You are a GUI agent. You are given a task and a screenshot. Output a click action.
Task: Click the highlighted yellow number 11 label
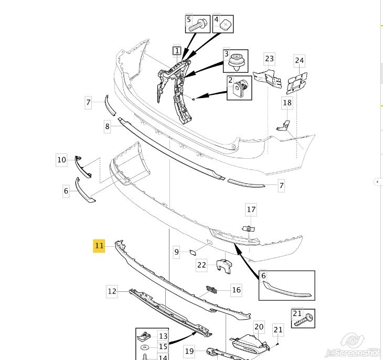click(x=99, y=246)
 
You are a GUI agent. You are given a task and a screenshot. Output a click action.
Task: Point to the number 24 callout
click(x=300, y=60)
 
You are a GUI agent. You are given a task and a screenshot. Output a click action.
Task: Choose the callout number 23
click(x=270, y=59)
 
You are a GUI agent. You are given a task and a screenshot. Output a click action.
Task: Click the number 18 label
click(x=288, y=102)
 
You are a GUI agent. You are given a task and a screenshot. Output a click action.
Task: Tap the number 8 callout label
click(x=107, y=126)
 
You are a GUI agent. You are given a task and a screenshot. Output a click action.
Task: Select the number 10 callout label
click(x=61, y=160)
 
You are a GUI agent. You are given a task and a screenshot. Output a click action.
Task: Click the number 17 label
click(x=251, y=210)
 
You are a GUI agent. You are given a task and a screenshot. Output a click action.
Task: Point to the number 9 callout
click(x=177, y=252)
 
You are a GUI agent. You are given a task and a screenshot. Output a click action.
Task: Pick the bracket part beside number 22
click(x=224, y=266)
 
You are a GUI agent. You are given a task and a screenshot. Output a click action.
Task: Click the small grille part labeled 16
click(x=212, y=290)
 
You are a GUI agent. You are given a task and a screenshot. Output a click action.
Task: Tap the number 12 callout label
click(x=112, y=291)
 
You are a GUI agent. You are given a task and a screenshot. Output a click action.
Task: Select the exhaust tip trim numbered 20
click(x=249, y=344)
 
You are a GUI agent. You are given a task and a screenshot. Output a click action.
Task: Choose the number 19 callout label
click(x=189, y=351)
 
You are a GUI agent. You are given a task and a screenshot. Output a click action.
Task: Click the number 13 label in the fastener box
click(x=163, y=336)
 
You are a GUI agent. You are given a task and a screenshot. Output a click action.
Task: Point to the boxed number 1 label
click(x=177, y=51)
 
